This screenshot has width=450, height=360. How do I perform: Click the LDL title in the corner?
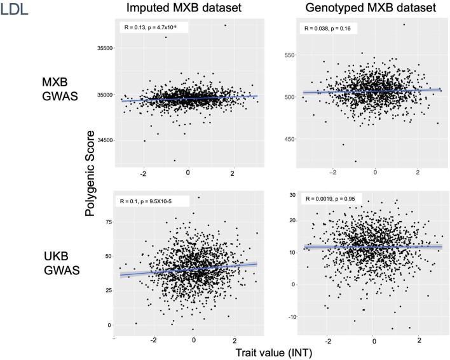pos(15,11)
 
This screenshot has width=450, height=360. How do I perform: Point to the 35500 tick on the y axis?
pos(102,48)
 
